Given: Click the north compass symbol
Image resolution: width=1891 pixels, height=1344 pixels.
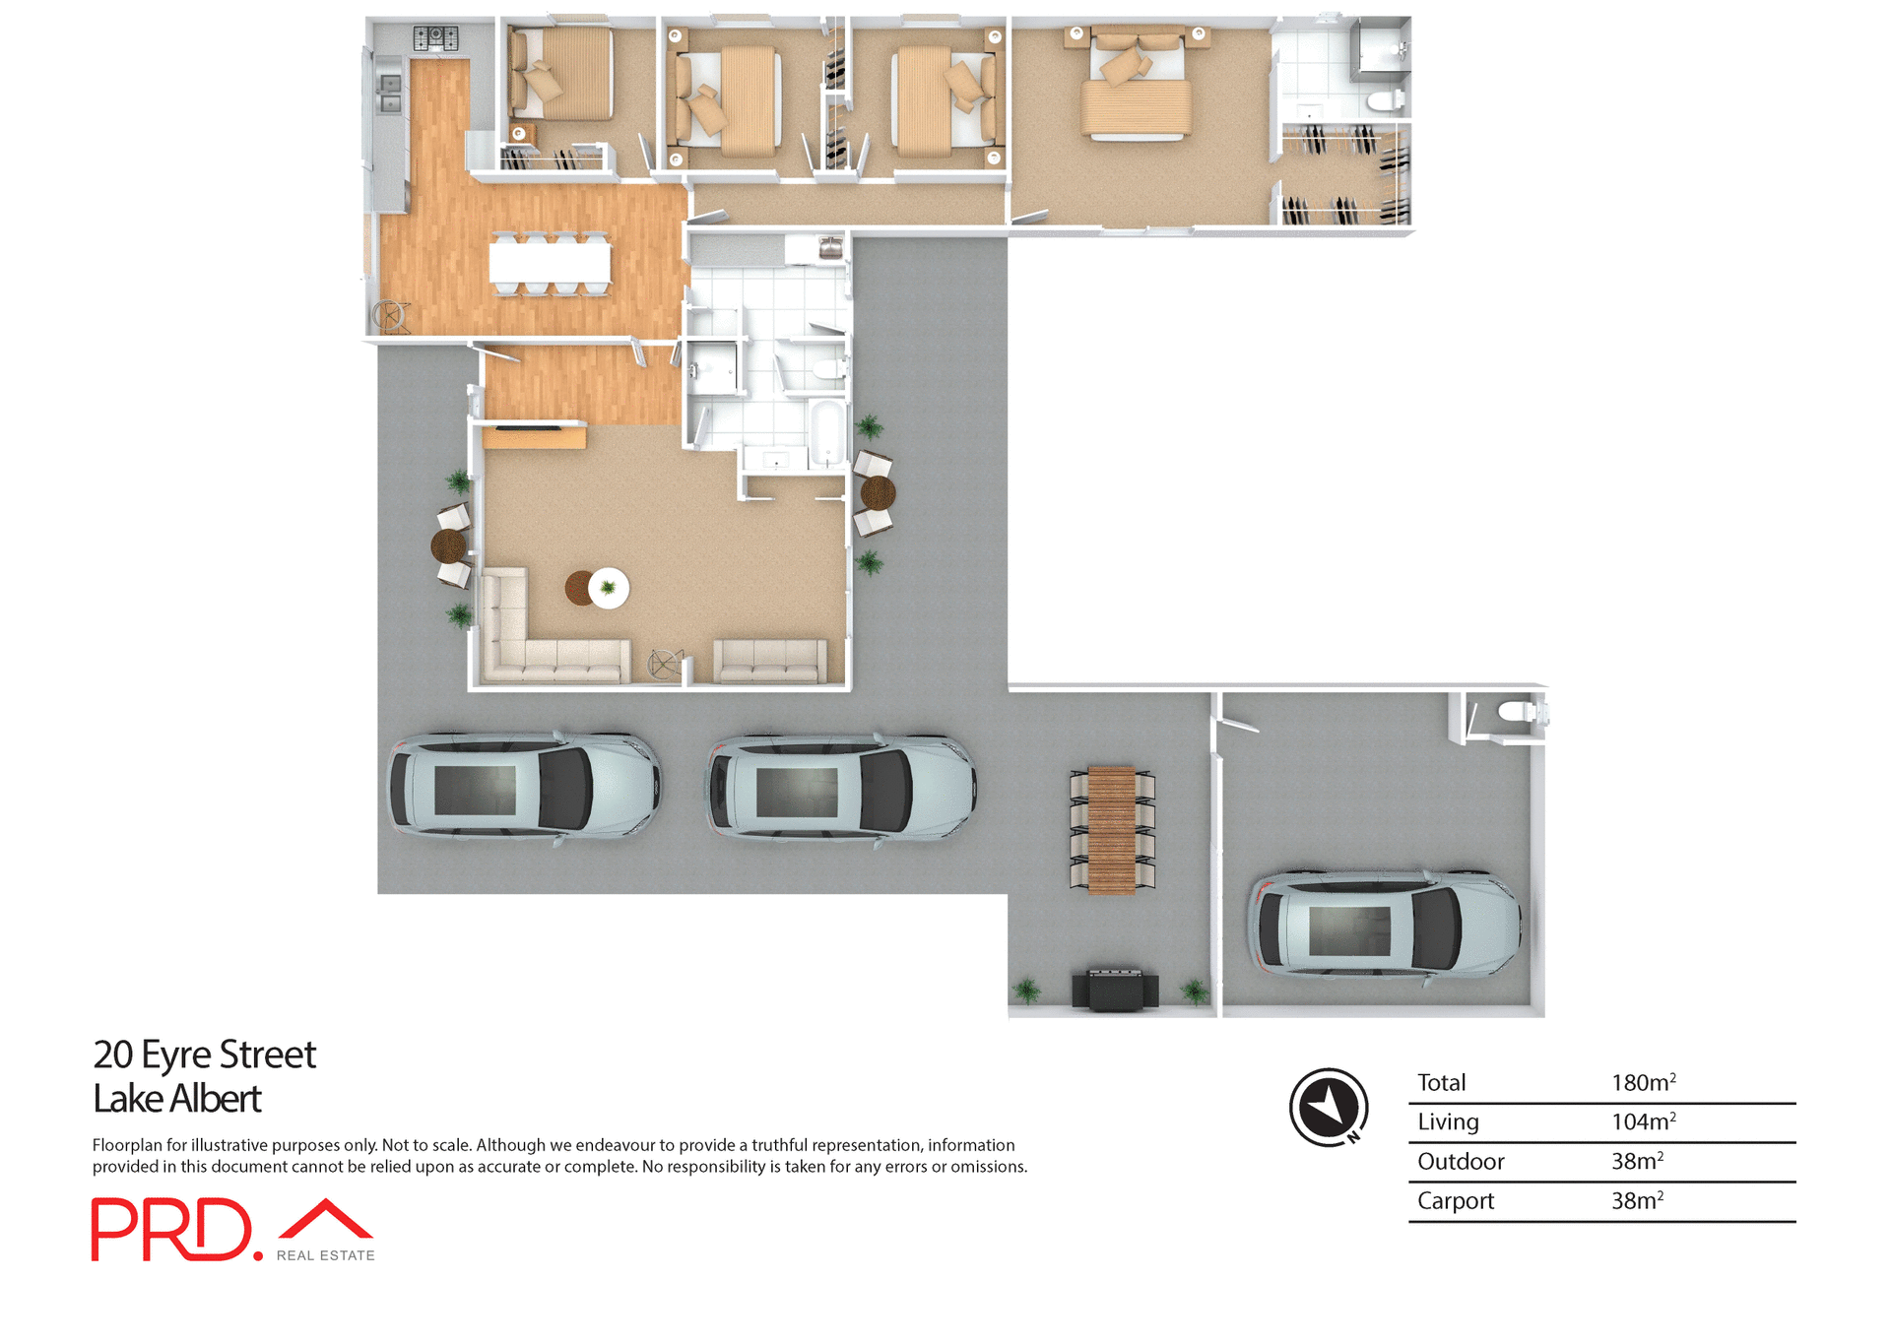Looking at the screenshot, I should point(1329,1107).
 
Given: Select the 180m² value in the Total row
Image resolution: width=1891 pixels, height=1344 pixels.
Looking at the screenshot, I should point(1642,1083).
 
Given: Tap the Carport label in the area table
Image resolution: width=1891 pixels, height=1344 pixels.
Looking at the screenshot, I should point(1455,1201).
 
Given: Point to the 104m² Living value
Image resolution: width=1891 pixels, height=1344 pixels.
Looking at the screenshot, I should point(1642,1122).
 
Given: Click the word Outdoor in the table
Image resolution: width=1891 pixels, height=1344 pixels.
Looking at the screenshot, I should point(1460,1162).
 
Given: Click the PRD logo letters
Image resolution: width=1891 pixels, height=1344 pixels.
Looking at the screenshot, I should point(172,1229).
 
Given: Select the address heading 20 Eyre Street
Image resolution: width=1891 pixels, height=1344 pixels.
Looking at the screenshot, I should point(204,1055).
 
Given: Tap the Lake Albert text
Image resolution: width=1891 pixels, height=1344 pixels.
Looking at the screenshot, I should point(177,1099).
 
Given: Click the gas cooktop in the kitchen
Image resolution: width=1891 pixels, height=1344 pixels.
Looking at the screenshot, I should point(435,38).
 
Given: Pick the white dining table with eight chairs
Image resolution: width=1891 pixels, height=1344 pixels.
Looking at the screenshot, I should point(550,263).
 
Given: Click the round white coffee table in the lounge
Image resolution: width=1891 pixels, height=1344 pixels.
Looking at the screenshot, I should point(609,588).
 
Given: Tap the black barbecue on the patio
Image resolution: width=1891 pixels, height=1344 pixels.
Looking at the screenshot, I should point(1115,989).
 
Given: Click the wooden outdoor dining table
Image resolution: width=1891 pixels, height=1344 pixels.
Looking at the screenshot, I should point(1112,829).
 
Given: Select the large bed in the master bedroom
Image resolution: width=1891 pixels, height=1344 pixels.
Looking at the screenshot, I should point(1137,89).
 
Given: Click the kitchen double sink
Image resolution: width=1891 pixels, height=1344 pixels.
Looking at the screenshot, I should point(390,94).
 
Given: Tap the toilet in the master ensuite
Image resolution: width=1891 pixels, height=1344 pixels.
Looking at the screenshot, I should point(1387,99).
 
